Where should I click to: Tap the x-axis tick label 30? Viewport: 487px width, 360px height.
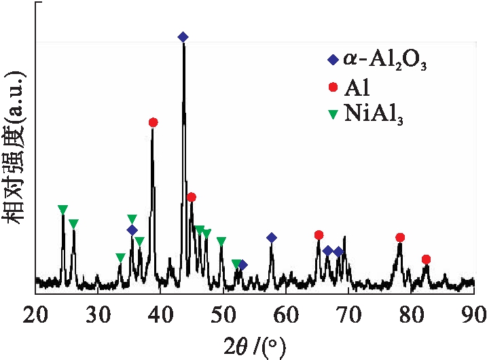(98, 313)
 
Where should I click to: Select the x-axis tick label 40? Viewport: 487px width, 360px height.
(160, 313)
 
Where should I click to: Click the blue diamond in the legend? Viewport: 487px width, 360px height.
(333, 60)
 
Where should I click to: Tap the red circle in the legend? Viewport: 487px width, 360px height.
(333, 88)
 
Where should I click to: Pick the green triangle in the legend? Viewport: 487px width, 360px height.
(333, 115)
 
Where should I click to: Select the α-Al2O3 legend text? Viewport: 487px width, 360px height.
(384, 60)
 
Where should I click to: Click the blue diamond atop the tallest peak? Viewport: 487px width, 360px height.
(183, 37)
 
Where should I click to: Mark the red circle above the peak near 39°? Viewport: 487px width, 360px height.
(153, 122)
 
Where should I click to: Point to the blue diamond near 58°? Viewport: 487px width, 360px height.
(272, 238)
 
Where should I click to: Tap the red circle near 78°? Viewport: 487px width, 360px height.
(400, 237)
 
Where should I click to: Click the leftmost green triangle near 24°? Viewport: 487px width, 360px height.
(62, 209)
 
